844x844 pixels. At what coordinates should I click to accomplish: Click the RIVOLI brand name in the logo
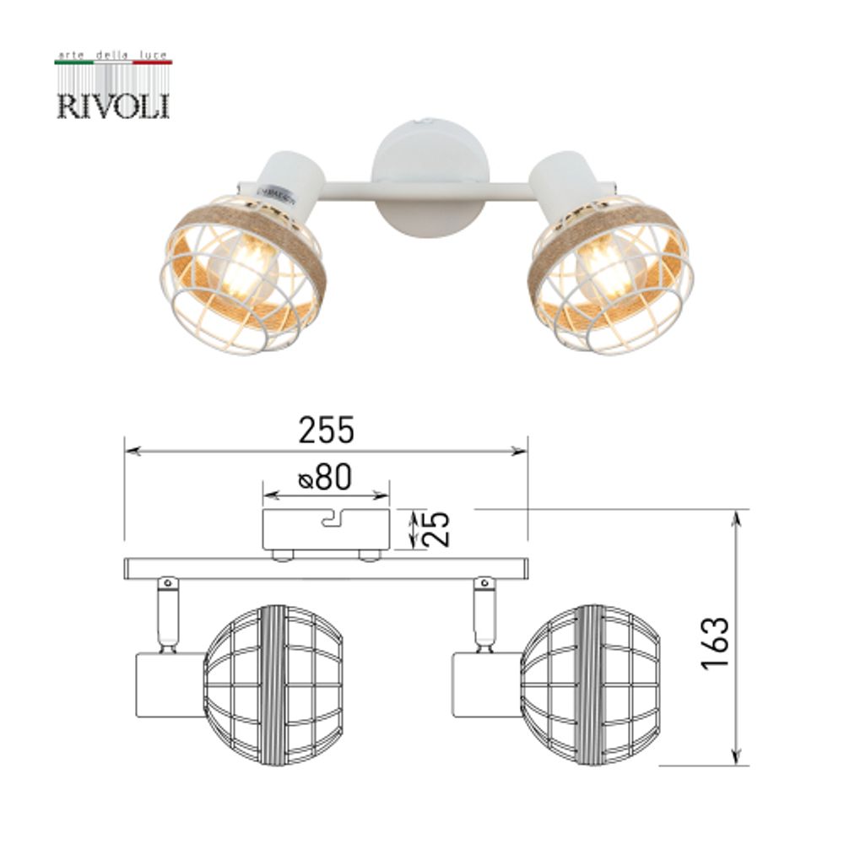[x=113, y=105]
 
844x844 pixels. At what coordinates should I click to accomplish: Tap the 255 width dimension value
[x=327, y=431]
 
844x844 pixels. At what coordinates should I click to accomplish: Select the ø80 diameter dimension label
[x=325, y=479]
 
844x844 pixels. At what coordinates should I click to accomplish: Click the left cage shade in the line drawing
[x=274, y=684]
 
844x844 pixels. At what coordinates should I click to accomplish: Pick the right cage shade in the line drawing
[x=591, y=684]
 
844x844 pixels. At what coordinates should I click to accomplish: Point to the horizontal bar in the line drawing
[x=326, y=568]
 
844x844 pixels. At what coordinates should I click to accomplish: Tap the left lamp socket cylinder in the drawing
[x=170, y=684]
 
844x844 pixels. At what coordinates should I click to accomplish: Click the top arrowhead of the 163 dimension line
[x=739, y=516]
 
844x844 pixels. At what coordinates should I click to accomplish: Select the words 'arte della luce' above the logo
[x=113, y=54]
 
